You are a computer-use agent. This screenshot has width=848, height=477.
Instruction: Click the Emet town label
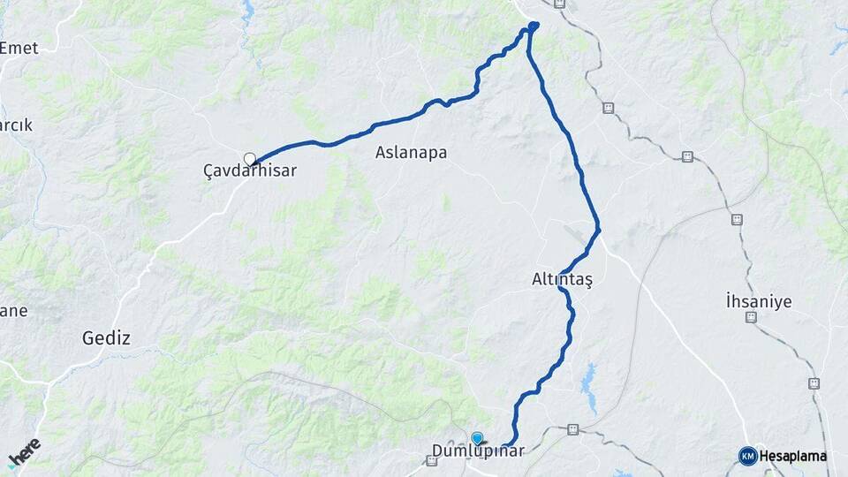[x=19, y=48]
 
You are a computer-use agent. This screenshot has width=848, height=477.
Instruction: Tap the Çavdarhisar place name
[x=250, y=171]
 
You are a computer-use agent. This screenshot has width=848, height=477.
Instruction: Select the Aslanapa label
[x=411, y=152]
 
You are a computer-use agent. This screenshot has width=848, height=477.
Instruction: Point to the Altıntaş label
[x=562, y=279]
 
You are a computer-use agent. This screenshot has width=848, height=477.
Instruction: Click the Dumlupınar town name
[x=478, y=451]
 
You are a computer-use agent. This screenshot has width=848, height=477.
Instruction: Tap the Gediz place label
[x=106, y=337]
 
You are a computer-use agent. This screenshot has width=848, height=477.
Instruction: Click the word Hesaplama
[x=793, y=456]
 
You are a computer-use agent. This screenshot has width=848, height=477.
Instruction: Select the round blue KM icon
[x=747, y=456]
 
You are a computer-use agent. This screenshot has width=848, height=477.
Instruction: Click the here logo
[x=24, y=453]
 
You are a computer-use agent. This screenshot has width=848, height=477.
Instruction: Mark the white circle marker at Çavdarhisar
[x=250, y=159]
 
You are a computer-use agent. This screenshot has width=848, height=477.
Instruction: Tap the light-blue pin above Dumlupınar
[x=478, y=438]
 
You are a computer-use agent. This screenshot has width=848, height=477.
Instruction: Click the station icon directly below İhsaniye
[x=751, y=317]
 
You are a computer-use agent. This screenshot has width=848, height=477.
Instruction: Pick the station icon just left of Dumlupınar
[x=431, y=460]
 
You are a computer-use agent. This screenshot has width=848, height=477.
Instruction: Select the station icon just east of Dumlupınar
[x=572, y=430]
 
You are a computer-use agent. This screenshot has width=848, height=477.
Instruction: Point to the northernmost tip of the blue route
[x=534, y=25]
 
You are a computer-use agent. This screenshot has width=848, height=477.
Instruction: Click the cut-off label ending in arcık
[x=16, y=125]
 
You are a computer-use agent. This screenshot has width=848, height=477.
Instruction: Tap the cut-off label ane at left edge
[x=13, y=311]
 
